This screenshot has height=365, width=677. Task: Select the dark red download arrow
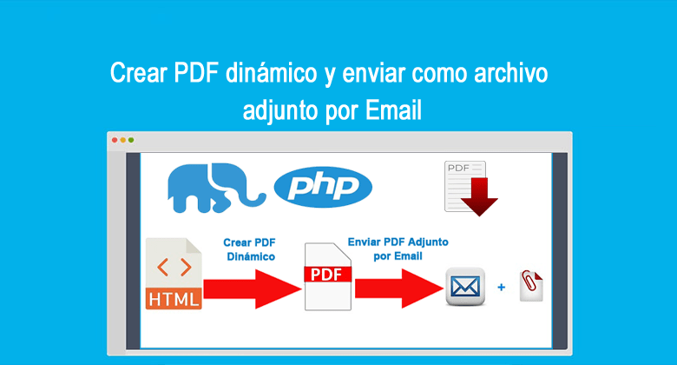[x=479, y=196]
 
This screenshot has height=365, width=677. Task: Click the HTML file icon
[x=175, y=273]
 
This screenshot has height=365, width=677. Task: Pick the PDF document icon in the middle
[x=328, y=275]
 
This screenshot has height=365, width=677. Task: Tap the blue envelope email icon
[x=464, y=286]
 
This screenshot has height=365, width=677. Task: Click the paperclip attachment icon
[x=531, y=284]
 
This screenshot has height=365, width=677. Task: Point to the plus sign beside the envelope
[x=501, y=285]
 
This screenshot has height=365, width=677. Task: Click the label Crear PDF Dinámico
[x=249, y=249]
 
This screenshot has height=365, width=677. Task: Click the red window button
[x=115, y=140]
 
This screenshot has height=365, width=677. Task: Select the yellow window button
[x=122, y=140]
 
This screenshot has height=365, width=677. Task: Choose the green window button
[x=131, y=140]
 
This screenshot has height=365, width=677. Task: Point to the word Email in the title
[x=392, y=111]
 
